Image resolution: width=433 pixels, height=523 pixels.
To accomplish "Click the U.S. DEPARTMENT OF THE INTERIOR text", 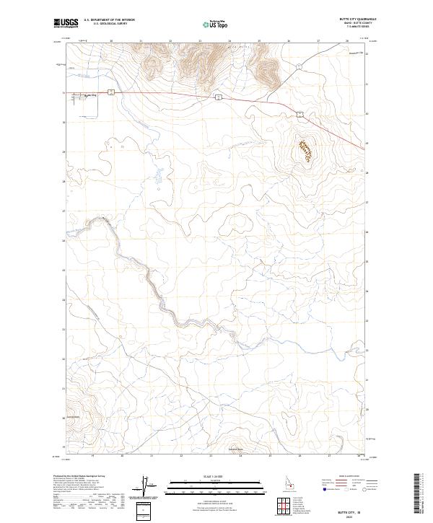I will click(109, 19).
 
